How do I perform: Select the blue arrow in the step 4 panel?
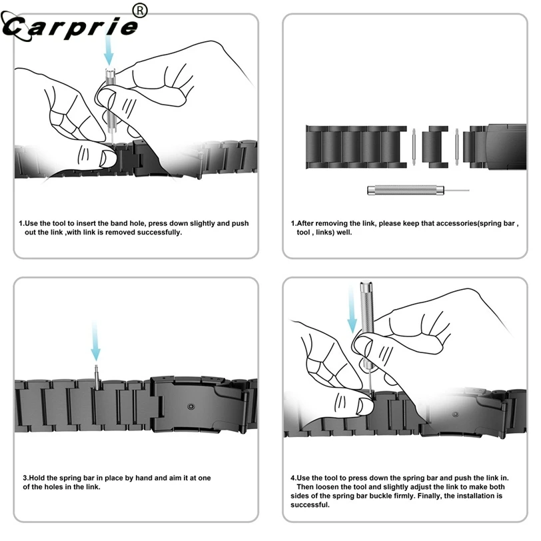click(352, 310)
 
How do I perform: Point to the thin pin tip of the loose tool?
click(460, 191)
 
